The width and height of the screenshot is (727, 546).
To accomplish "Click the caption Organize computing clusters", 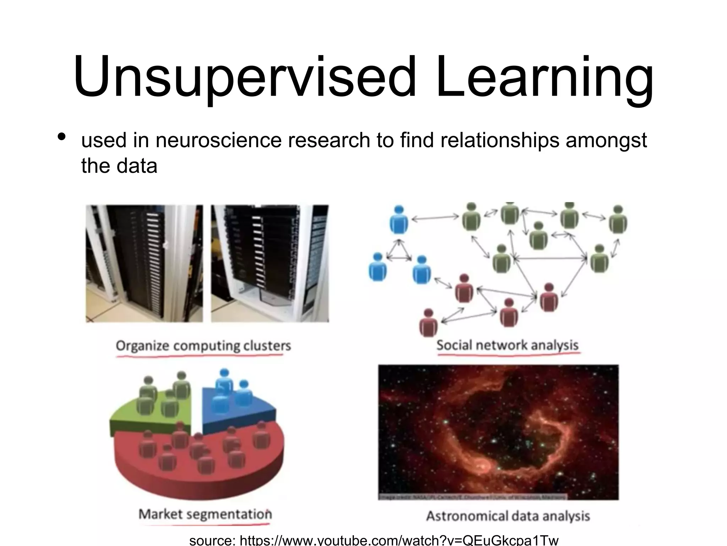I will [203, 346].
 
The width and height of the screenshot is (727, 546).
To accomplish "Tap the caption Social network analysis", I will [507, 345].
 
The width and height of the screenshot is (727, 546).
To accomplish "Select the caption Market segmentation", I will [205, 514].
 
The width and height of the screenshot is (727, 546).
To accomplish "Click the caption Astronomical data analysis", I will [508, 516].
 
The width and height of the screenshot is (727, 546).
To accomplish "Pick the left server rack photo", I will [144, 263].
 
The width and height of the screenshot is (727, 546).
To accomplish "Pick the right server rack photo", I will [270, 263].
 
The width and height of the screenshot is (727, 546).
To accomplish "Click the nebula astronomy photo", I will [498, 432].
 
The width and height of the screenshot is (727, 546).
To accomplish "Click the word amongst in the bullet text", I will [606, 140].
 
